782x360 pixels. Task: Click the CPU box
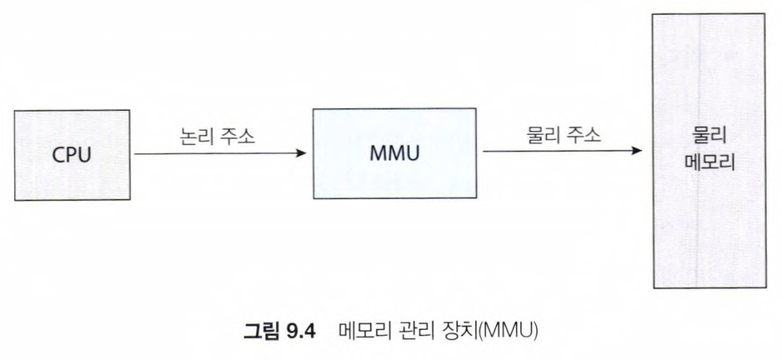pyautogui.click(x=73, y=155)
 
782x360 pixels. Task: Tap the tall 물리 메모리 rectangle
pyautogui.click(x=709, y=217)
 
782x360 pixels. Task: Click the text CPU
pyautogui.click(x=73, y=156)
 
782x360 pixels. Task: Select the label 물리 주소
pyautogui.click(x=564, y=136)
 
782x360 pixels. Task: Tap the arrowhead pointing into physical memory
pyautogui.click(x=638, y=151)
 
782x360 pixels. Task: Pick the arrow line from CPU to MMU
pyautogui.click(x=217, y=154)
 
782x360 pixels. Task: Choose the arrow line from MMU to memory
pyautogui.click(x=559, y=151)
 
